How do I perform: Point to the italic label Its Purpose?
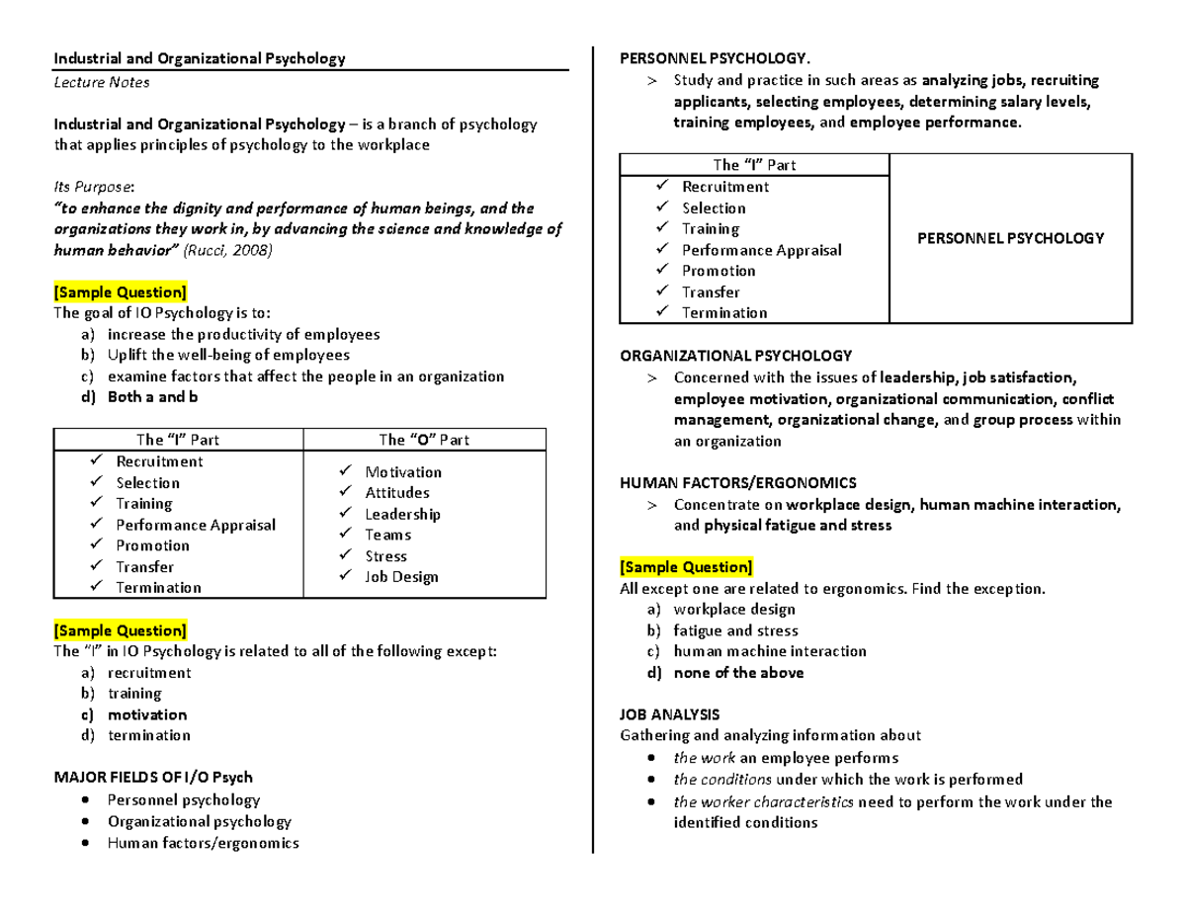pos(95,187)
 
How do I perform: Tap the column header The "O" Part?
pos(424,440)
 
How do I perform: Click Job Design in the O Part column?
pos(401,577)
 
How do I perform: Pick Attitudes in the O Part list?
pos(397,492)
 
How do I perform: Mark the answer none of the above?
pos(738,673)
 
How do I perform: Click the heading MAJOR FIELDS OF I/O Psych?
pos(153,778)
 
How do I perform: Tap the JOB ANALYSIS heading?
pos(669,713)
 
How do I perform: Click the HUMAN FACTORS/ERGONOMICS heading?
pos(737,482)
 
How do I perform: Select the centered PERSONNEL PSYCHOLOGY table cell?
pos(1009,238)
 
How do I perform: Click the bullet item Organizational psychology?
pos(200,821)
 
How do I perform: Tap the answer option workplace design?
pos(734,610)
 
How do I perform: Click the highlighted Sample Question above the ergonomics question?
pos(686,567)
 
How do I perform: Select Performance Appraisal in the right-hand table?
pos(761,250)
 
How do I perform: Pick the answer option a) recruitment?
pos(149,673)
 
